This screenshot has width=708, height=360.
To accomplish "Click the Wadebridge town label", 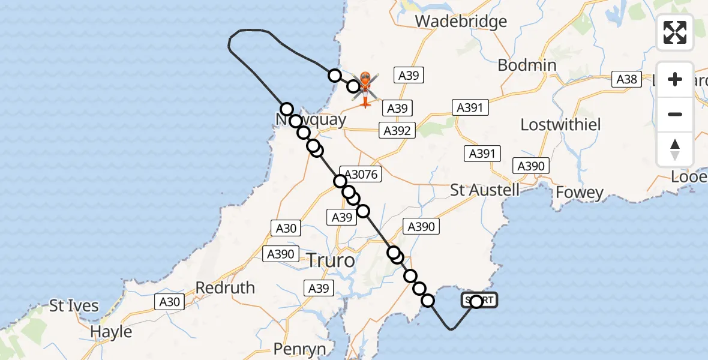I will click(x=461, y=22).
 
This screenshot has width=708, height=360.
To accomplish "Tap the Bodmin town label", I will click(x=527, y=65).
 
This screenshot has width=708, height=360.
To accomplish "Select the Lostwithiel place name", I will click(x=560, y=125).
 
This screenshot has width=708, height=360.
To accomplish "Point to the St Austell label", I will click(x=485, y=191).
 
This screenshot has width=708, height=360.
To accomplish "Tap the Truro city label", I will click(x=331, y=261).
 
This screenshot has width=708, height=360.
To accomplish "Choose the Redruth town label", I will click(x=225, y=288).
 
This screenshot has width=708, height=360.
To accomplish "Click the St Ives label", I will click(x=74, y=306).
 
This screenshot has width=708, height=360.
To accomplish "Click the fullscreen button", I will click(x=675, y=32).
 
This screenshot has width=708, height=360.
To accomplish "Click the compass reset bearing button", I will click(x=675, y=149).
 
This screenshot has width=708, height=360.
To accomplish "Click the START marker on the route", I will click(x=479, y=301).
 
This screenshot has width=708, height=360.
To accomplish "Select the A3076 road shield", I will click(x=360, y=174).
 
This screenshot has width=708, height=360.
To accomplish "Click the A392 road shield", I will click(x=397, y=130).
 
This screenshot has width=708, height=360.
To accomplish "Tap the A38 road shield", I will click(x=626, y=79).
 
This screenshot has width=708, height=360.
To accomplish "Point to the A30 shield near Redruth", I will click(x=170, y=302).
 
